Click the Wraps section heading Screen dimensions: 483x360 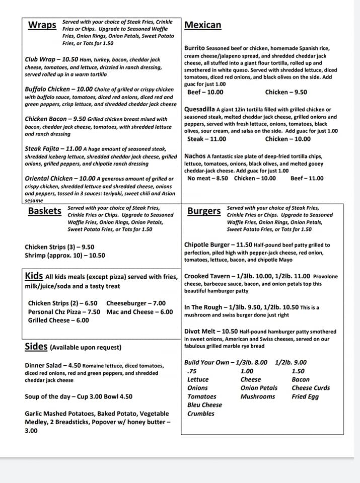coord(42,25)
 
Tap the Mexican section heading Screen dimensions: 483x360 coord(203,25)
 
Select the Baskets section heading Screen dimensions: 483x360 coord(45,211)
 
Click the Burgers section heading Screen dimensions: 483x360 coord(204,211)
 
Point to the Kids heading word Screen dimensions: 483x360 coord(34,276)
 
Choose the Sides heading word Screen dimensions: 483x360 coord(36,347)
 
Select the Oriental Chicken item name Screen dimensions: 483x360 coord(52,178)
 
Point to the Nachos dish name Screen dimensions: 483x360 coord(195,156)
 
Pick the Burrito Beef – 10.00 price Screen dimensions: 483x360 coord(205,92)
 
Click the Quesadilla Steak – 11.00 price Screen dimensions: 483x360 coord(206,139)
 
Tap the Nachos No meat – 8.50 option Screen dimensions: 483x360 coord(207,178)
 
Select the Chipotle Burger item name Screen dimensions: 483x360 coord(207,245)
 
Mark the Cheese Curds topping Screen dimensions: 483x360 coord(311,388)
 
